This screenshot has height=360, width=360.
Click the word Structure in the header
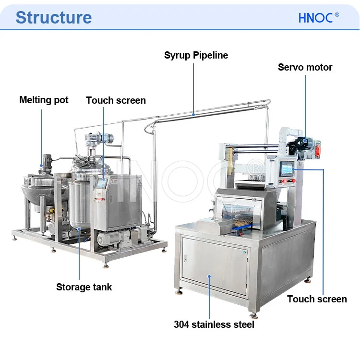tap(53, 17)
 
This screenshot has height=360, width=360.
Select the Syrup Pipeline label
tap(196, 55)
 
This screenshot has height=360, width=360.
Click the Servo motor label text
tap(305, 67)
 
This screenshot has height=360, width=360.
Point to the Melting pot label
tap(44, 100)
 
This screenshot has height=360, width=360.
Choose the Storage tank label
tap(84, 287)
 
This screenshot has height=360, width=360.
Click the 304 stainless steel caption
tap(214, 324)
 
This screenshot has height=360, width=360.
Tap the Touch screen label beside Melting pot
tap(116, 100)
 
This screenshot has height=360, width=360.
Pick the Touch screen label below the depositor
tap(317, 299)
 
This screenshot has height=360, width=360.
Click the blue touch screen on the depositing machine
tap(287, 168)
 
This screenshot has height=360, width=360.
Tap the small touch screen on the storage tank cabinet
tap(102, 183)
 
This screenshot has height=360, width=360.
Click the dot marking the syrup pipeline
tap(193, 114)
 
